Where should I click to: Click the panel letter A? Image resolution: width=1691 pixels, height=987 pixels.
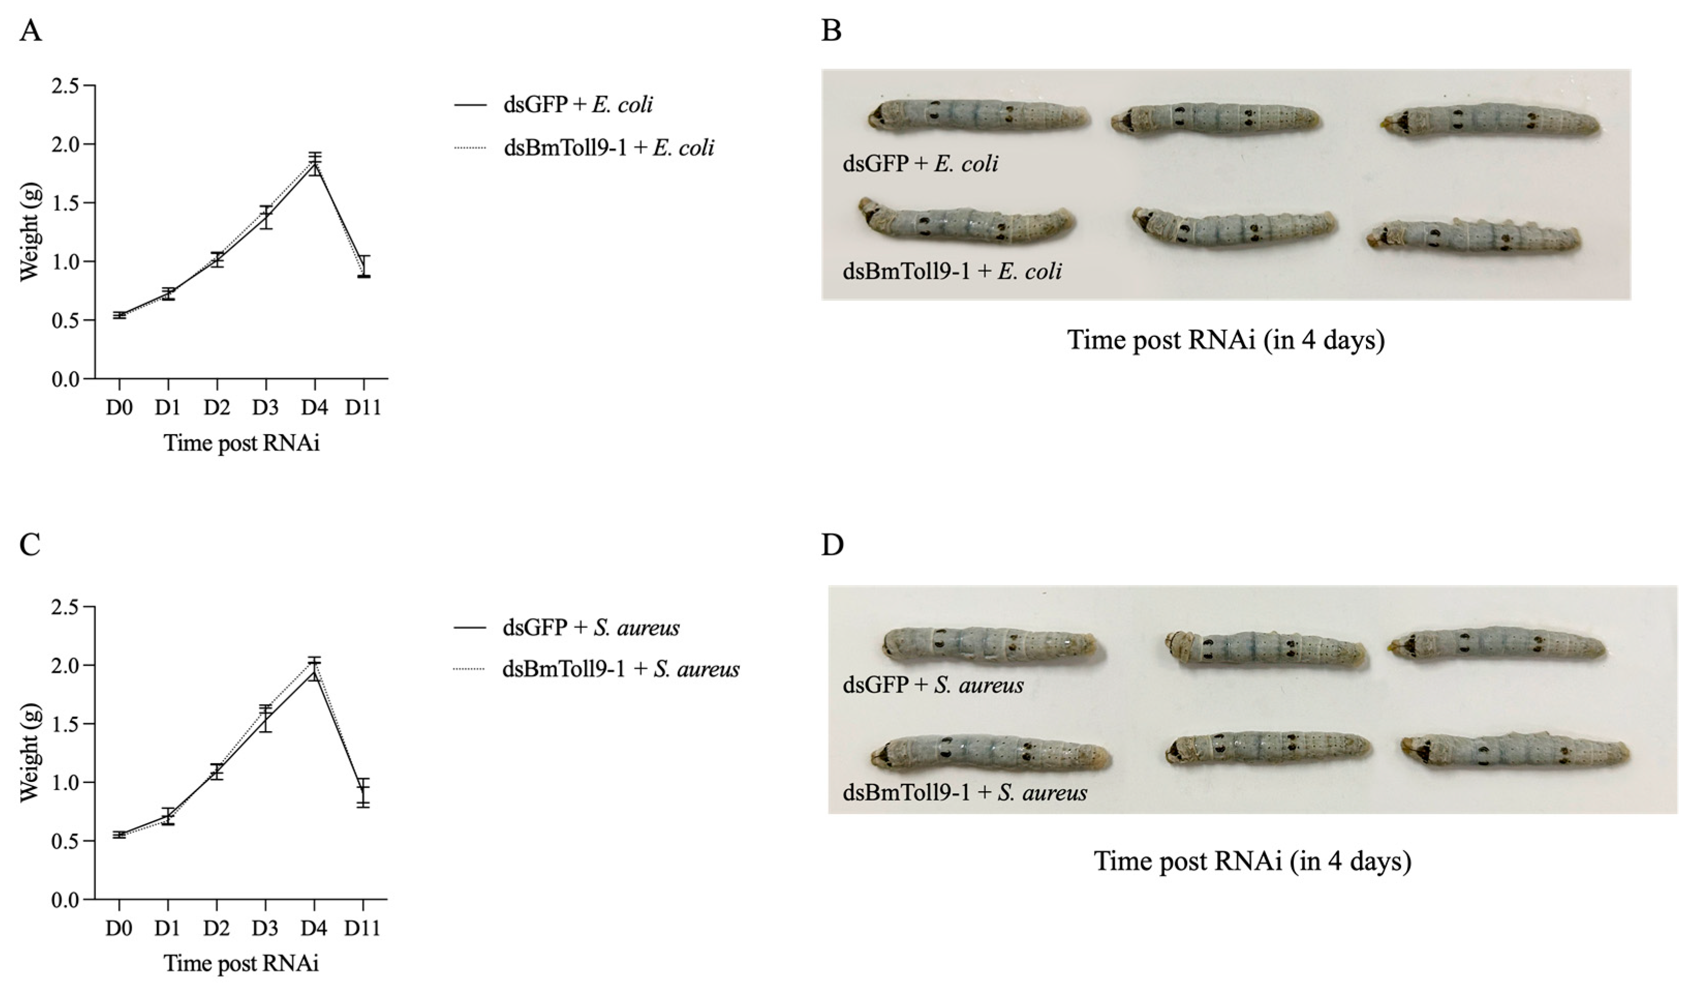(x=30, y=30)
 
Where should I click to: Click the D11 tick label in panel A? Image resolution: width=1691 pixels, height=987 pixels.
(x=363, y=407)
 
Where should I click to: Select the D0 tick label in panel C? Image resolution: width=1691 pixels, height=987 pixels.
(x=119, y=928)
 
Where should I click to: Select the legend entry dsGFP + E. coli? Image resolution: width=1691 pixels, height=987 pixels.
(x=578, y=105)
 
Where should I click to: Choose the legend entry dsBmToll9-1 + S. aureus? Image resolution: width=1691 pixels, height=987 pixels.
(x=620, y=669)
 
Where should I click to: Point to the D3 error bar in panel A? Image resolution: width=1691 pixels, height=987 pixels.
(x=267, y=216)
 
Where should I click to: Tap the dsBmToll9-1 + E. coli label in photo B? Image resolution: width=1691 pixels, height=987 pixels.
(x=952, y=271)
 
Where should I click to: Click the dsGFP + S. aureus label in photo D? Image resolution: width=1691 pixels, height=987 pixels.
(x=933, y=685)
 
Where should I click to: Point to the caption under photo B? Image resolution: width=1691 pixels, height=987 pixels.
(x=1226, y=340)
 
